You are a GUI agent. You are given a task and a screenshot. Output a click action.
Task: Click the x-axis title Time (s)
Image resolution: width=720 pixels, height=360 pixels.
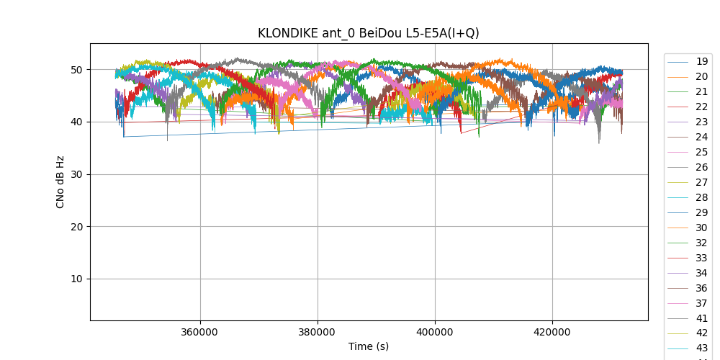369,346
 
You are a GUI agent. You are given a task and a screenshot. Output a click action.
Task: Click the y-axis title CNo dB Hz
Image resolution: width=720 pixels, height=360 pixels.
60,182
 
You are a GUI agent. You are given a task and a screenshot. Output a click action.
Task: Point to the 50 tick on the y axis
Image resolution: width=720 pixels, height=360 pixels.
76,70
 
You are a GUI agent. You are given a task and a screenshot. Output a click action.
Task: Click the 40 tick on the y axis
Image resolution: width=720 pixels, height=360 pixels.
76,122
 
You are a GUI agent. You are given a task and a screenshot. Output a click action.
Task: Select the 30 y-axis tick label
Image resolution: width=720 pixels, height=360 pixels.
76,174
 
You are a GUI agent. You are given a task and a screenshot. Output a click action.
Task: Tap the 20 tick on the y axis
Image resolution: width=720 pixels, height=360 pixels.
76,227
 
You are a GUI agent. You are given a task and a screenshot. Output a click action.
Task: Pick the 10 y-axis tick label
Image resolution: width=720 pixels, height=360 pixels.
76,279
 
